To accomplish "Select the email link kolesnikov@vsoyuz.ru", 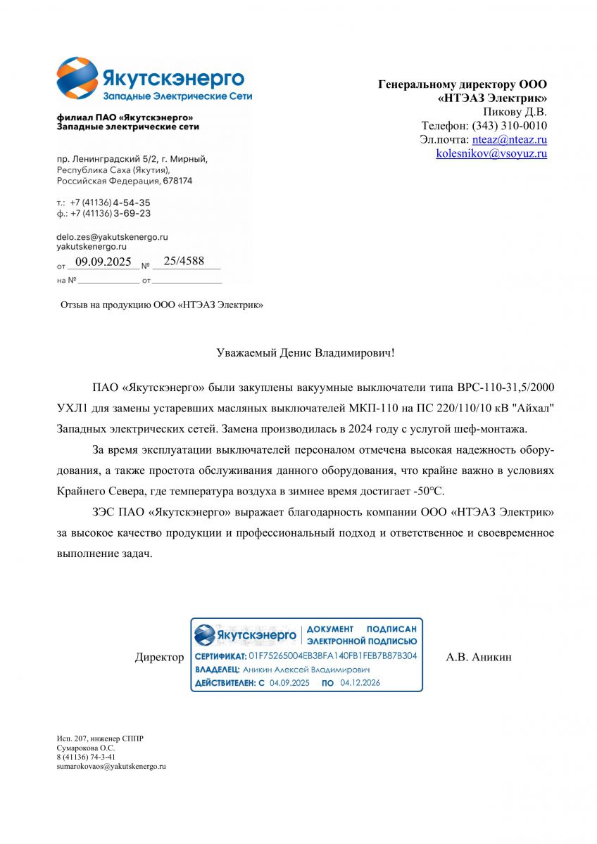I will pyautogui.click(x=491, y=153).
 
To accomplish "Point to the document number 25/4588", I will pyautogui.click(x=183, y=262).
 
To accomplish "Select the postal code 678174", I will pyautogui.click(x=177, y=181).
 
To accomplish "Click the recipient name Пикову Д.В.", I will pyautogui.click(x=515, y=112).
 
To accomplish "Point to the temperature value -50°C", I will pyautogui.click(x=427, y=490).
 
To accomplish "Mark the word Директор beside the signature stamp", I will pyautogui.click(x=159, y=658).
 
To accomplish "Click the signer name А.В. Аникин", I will pyautogui.click(x=479, y=658).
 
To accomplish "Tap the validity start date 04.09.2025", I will pyautogui.click(x=289, y=682).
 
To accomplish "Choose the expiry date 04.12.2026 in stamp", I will pyautogui.click(x=360, y=682).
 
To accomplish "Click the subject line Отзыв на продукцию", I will pyautogui.click(x=163, y=305).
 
